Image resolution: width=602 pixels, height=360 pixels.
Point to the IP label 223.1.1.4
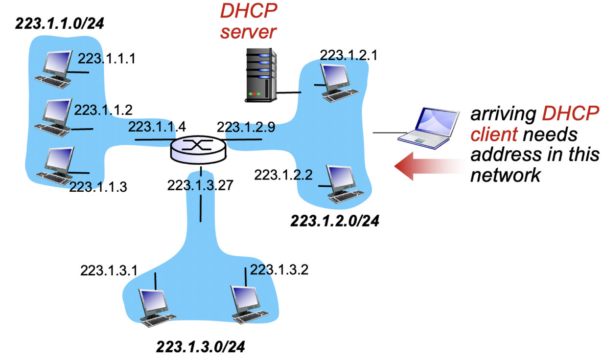click(157, 127)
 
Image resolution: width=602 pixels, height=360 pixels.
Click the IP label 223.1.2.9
click(246, 127)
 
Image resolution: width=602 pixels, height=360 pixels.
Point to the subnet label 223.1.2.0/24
click(335, 222)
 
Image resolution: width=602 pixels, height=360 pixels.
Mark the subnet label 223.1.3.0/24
click(201, 348)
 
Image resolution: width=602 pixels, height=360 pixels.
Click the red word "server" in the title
click(248, 32)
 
